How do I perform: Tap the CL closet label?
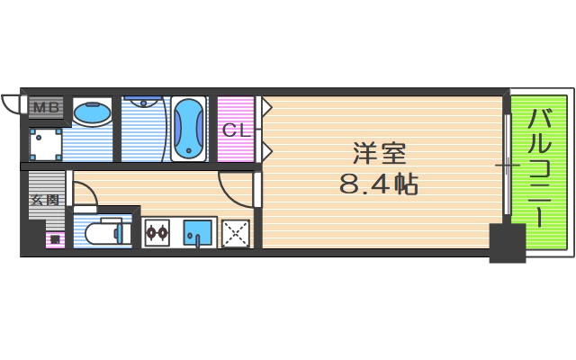click(235, 130)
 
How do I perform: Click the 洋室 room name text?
click(375, 153)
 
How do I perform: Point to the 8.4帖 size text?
click(377, 185)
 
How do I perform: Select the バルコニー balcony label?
click(540, 167)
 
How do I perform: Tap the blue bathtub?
click(189, 129)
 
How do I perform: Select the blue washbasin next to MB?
click(91, 114)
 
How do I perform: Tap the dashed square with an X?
click(236, 233)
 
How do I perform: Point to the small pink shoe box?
click(54, 239)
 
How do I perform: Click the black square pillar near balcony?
click(507, 242)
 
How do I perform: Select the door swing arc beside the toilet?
click(85, 193)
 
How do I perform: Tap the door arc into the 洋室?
click(233, 189)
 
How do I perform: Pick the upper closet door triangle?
click(266, 107)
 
